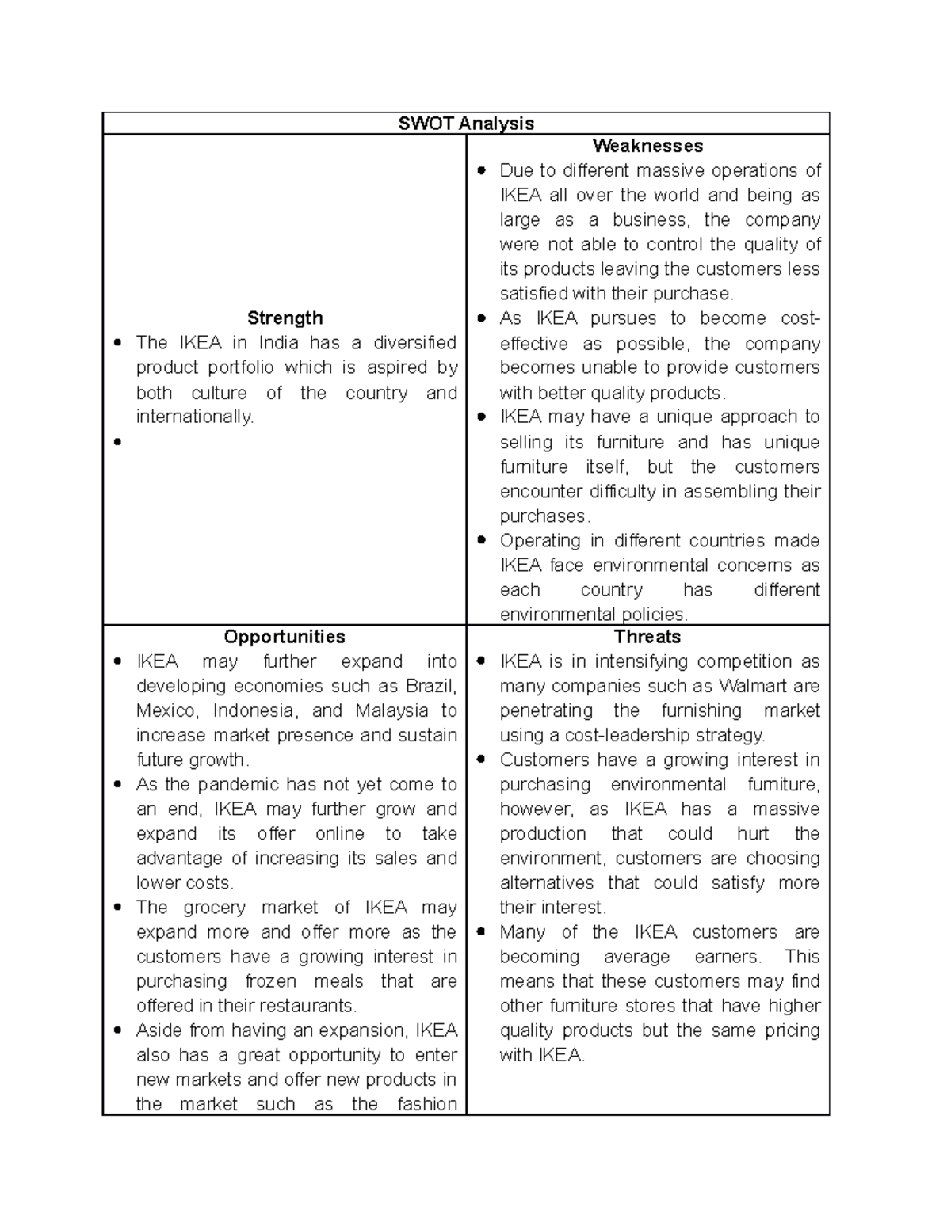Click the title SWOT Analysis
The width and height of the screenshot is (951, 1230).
466,124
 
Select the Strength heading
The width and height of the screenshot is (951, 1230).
285,318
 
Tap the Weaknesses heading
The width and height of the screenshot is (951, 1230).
647,146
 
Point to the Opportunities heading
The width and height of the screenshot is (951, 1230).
285,637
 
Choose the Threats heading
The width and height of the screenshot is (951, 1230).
647,637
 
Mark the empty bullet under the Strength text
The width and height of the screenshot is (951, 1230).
117,443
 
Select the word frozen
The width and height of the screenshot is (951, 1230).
270,981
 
